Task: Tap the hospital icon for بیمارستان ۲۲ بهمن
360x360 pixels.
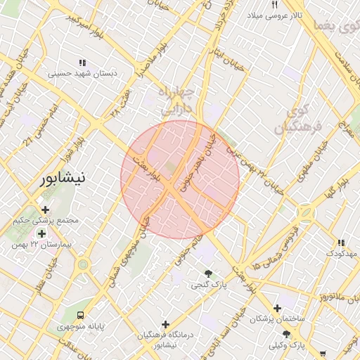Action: (x=41, y=233)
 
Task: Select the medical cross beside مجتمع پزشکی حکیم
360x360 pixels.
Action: (x=46, y=209)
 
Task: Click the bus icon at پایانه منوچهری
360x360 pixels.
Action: (x=82, y=314)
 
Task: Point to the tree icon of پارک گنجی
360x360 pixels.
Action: (x=207, y=274)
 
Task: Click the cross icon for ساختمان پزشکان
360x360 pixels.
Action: (x=278, y=308)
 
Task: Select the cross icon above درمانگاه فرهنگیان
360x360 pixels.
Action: (x=165, y=324)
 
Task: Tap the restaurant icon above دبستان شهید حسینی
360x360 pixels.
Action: (x=83, y=62)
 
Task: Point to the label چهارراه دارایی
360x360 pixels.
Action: (x=172, y=103)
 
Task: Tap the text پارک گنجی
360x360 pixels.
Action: (x=207, y=285)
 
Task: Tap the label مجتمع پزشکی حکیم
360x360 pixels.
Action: (x=46, y=221)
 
